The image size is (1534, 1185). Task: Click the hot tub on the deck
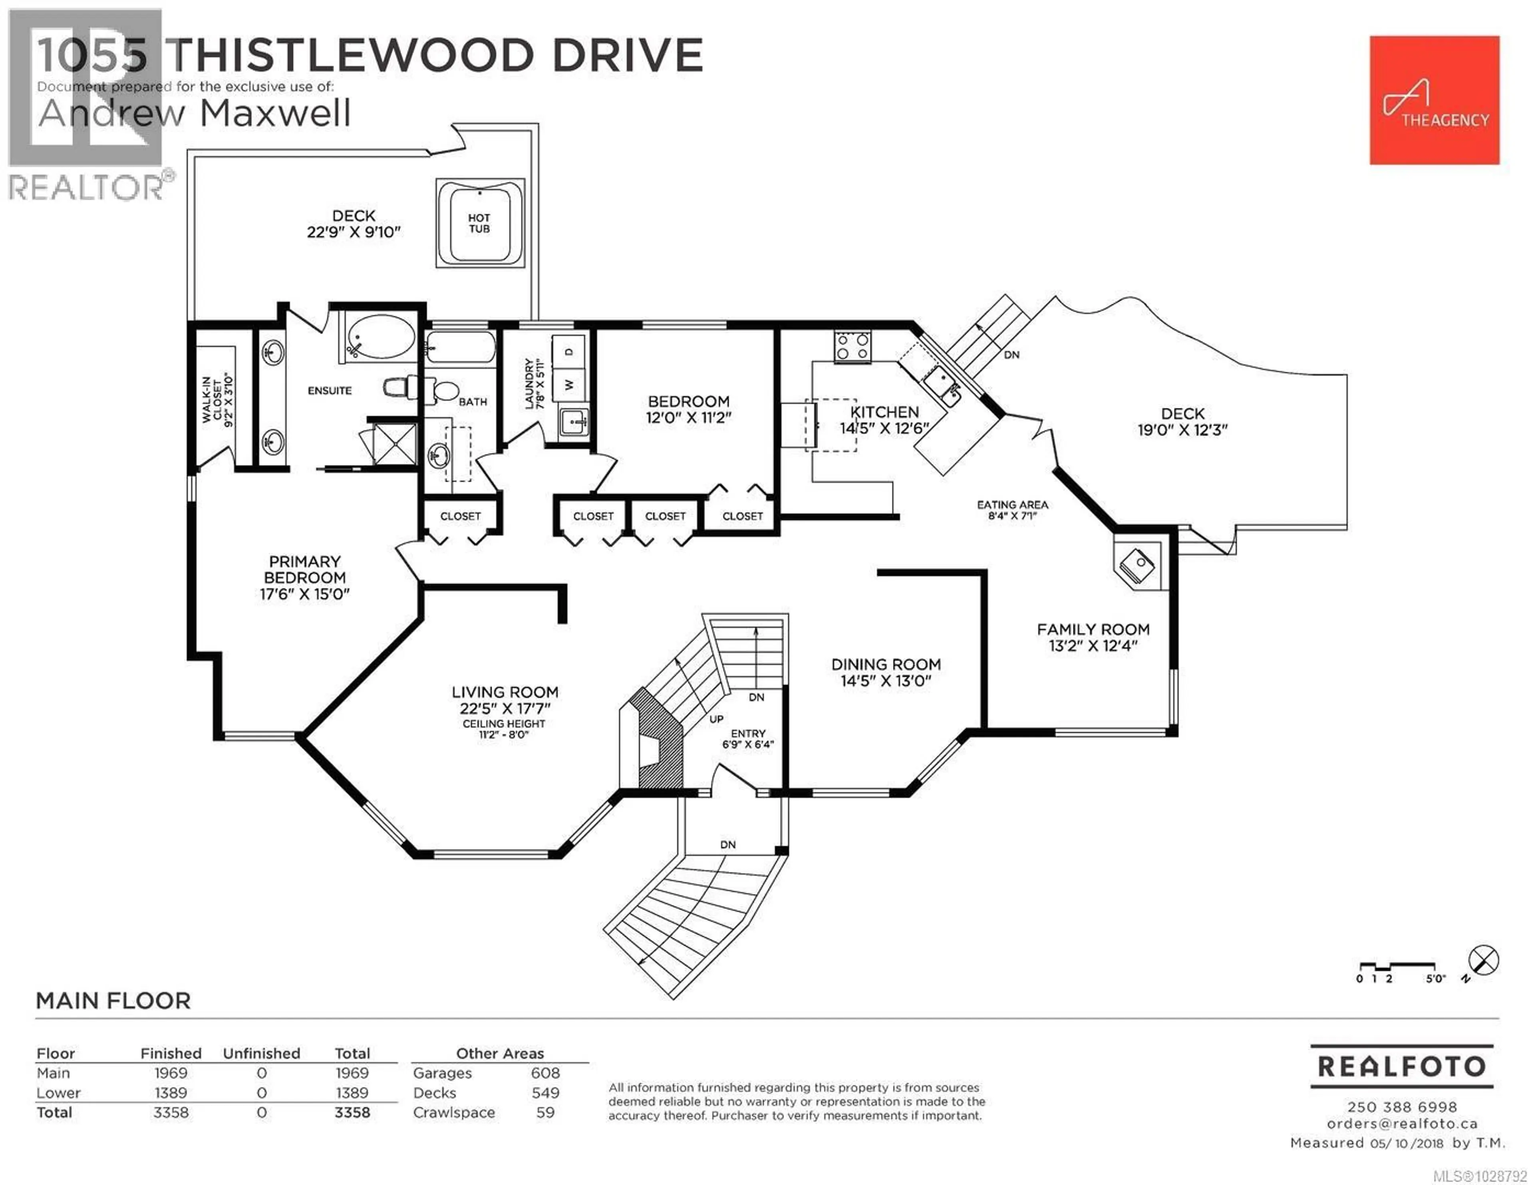click(480, 223)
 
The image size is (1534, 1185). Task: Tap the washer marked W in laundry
click(569, 385)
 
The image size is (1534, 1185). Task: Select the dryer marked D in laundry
click(569, 351)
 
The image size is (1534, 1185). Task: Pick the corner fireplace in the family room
click(1137, 564)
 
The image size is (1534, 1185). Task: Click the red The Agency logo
click(1434, 101)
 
